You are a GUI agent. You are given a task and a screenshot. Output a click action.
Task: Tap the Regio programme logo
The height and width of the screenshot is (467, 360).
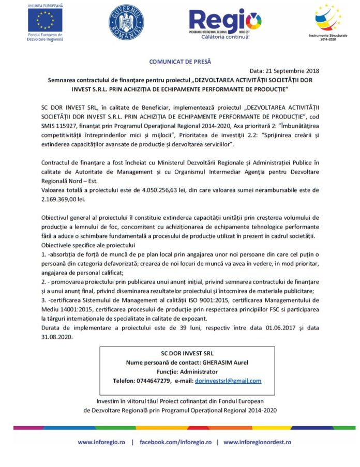pyautogui.click(x=225, y=22)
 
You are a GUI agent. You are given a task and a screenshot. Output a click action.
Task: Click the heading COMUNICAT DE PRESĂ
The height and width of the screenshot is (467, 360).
pyautogui.click(x=180, y=62)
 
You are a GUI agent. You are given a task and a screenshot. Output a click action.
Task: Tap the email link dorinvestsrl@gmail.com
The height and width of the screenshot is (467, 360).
pyautogui.click(x=228, y=381)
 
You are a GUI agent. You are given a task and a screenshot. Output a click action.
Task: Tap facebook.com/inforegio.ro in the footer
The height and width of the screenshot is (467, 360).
pyautogui.click(x=175, y=443)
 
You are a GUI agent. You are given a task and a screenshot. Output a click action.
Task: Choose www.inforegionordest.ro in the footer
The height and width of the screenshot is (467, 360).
pyautogui.click(x=257, y=443)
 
